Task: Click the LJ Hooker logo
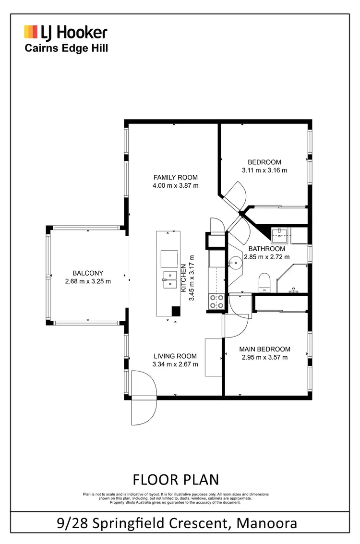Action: (66, 33)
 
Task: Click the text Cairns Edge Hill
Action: (66, 48)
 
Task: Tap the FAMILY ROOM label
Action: (175, 177)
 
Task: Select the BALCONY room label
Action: (88, 273)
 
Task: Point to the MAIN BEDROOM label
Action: (265, 349)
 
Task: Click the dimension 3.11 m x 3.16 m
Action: (264, 170)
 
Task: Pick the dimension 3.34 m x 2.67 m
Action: (175, 364)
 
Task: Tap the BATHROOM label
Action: (266, 249)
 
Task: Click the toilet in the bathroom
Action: (264, 282)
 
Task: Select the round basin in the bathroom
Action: (235, 262)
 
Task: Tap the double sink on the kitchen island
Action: (169, 279)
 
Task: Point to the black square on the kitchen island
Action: (176, 311)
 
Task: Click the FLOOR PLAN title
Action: (176, 480)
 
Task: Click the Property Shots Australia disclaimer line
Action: (176, 502)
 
